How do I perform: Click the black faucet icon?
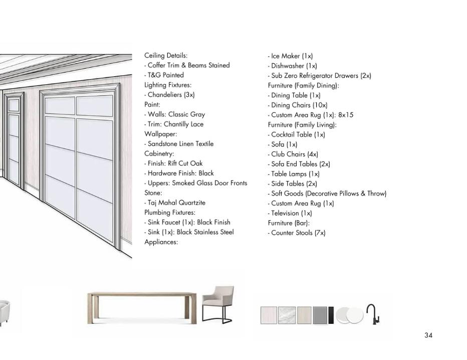[x=372, y=314]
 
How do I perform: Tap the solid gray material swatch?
[x=320, y=315]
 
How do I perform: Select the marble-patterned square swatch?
[x=286, y=315]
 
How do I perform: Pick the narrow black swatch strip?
[x=331, y=315]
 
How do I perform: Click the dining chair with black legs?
[x=218, y=304]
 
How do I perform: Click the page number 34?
[x=428, y=335]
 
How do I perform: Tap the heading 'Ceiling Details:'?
[x=166, y=56]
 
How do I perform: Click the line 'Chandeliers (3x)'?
[x=170, y=95]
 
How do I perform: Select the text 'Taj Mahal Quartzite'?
[x=176, y=203]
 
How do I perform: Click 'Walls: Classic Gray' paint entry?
[x=175, y=114]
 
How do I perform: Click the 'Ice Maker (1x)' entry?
[x=291, y=56]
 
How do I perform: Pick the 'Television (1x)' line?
[x=291, y=213]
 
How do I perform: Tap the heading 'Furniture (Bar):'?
[x=289, y=223]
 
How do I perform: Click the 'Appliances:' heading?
[x=161, y=242]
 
